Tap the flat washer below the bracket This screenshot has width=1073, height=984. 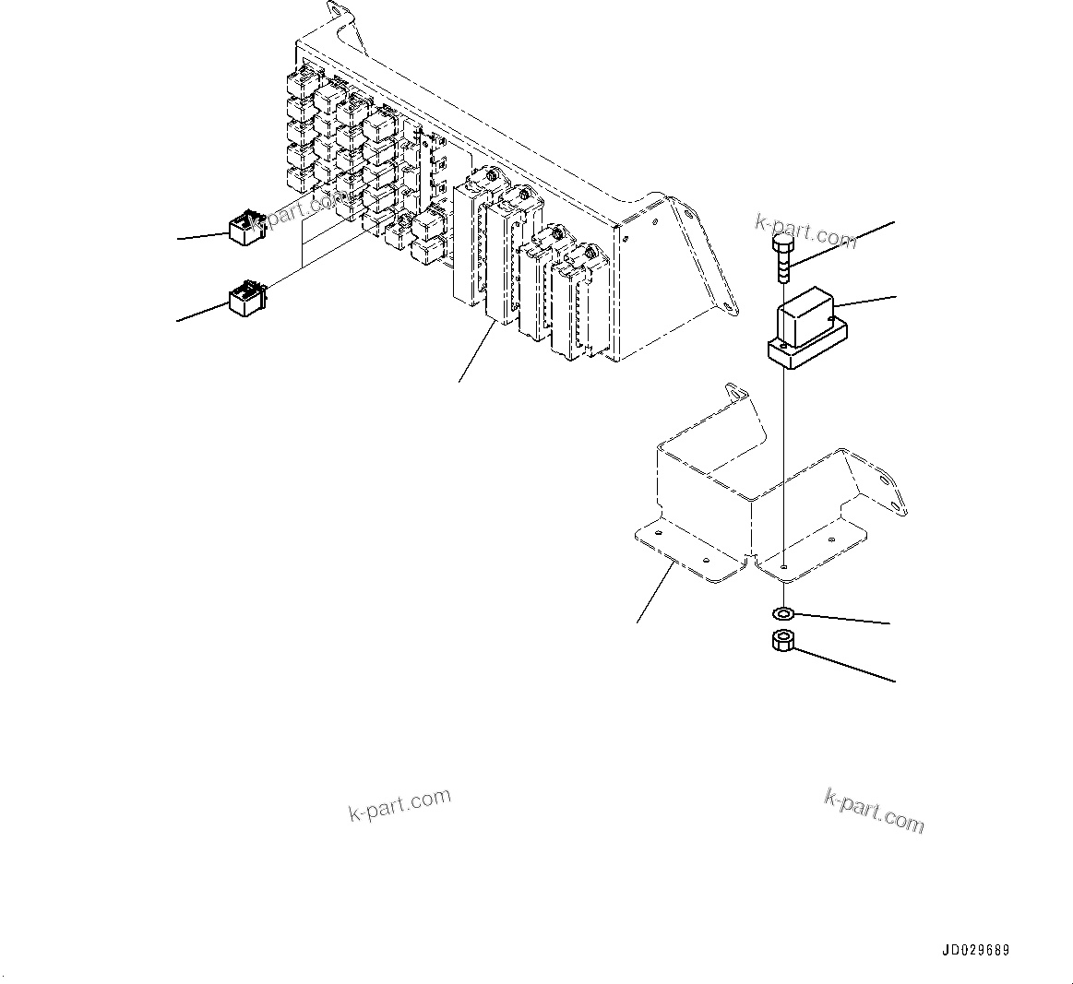click(x=783, y=613)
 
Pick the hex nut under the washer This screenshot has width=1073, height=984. click(x=783, y=641)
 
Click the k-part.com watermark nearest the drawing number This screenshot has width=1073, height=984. click(x=873, y=811)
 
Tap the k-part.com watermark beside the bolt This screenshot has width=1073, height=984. click(x=805, y=230)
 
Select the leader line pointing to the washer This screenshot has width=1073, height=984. click(x=840, y=620)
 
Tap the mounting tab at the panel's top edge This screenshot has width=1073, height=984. click(x=341, y=20)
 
